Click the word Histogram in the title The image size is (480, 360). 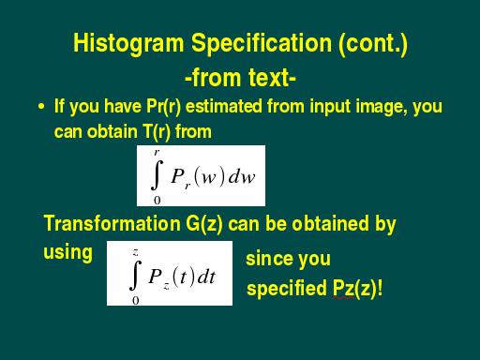tap(128, 44)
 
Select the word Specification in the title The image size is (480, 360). tap(262, 44)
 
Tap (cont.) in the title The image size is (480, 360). tap(373, 43)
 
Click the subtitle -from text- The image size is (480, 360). tap(240, 78)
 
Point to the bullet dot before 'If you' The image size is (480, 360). tap(41, 107)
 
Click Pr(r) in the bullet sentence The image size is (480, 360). tap(163, 106)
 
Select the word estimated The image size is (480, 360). tap(224, 106)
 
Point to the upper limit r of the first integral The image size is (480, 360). tap(157, 152)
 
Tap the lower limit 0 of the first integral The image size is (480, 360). tap(157, 201)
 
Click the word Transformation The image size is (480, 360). tap(112, 223)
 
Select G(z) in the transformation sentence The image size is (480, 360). tap(204, 224)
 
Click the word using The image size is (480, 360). tap(67, 253)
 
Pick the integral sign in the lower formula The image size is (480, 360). tap(135, 275)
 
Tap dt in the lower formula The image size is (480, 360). tap(206, 277)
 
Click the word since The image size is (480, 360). tap(267, 259)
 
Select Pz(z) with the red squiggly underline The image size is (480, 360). tap(354, 288)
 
